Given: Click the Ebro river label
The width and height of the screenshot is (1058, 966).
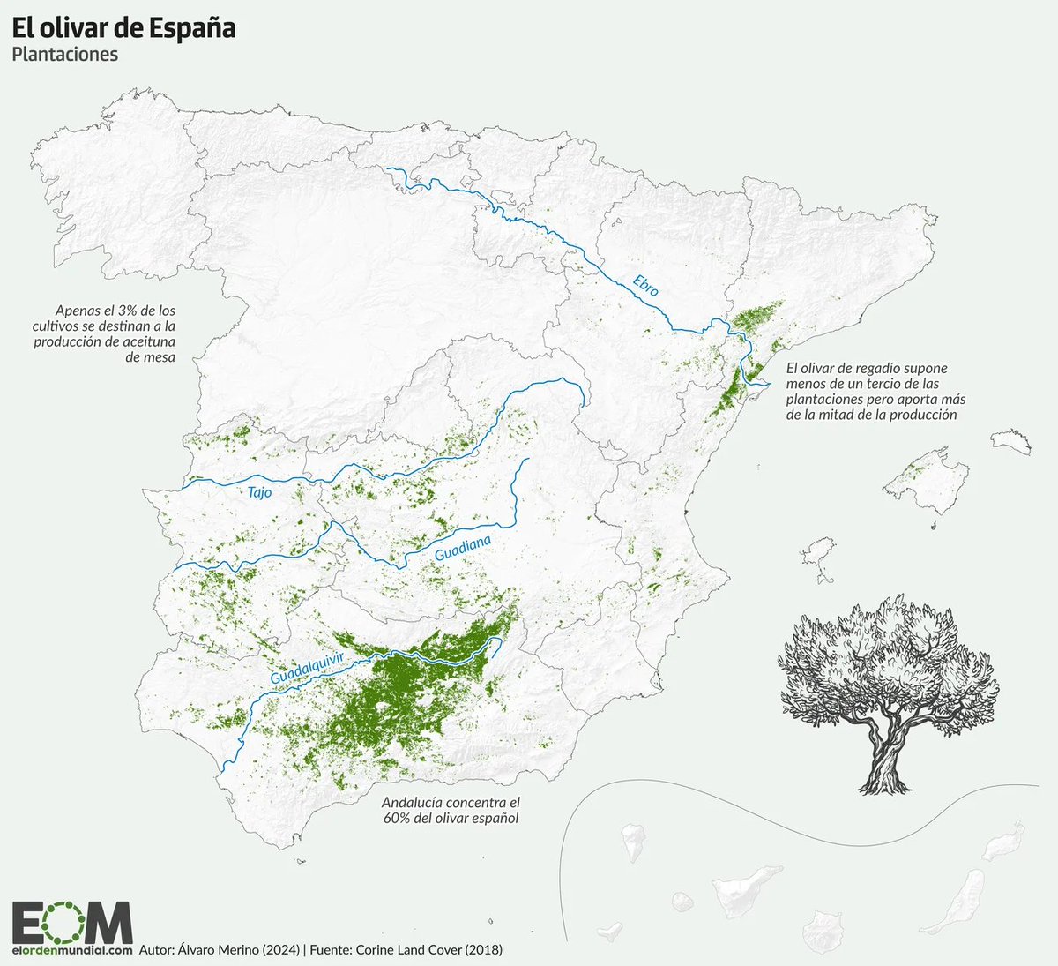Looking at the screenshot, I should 645,285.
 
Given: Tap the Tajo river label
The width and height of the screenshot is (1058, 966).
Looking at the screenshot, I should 259,493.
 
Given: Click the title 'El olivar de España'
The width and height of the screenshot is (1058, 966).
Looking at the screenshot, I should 123,28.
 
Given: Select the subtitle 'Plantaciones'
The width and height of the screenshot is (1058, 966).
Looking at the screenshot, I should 65,55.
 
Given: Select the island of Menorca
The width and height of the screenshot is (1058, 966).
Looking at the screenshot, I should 1011,442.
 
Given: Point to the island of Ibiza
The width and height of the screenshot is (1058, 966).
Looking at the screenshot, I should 823,551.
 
